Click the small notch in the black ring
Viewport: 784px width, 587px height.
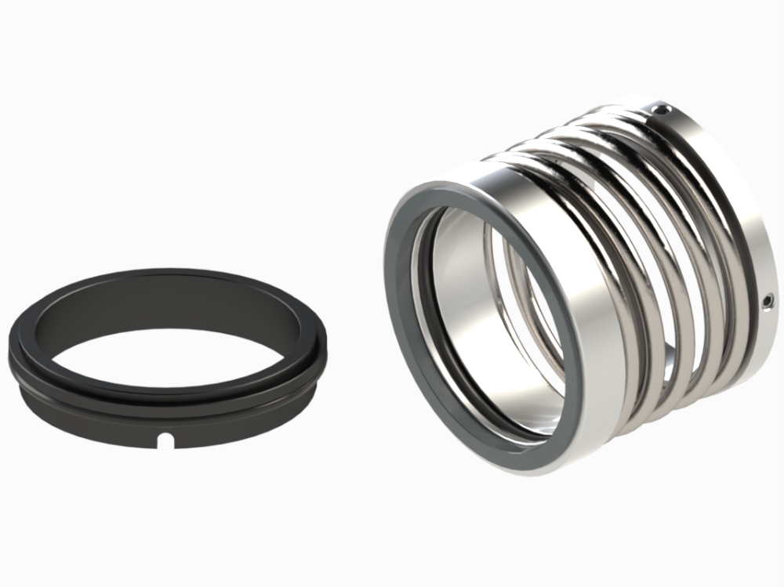165,443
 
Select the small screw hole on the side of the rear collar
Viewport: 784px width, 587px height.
769,299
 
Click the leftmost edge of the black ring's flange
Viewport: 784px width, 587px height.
13,345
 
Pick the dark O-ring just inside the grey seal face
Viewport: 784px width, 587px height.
424,313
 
